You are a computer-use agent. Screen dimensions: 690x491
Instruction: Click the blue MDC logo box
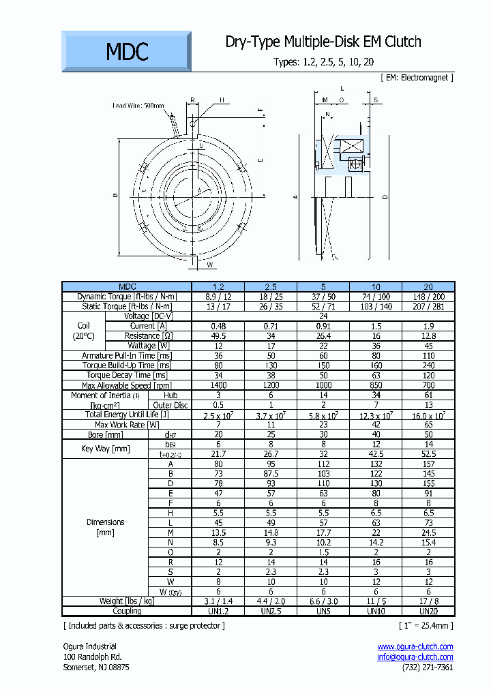(127, 51)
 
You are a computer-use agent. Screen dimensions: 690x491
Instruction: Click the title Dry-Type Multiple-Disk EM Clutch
(323, 42)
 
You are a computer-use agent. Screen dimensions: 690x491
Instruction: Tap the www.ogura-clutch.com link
(415, 646)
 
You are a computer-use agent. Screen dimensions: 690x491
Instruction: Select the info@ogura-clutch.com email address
(415, 657)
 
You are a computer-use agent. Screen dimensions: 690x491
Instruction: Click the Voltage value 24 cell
(323, 316)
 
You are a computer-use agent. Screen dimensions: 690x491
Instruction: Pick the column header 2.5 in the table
(271, 287)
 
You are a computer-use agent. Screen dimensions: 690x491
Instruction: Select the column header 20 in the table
(428, 287)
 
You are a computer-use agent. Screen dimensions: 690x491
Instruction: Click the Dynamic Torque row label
(127, 297)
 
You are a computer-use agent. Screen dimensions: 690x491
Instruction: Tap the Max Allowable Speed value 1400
(218, 386)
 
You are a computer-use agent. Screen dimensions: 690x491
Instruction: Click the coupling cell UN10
(376, 611)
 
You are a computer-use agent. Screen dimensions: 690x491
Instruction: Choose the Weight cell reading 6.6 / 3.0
(323, 601)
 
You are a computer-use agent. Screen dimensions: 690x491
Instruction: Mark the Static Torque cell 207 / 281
(428, 307)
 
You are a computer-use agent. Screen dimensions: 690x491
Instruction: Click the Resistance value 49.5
(218, 336)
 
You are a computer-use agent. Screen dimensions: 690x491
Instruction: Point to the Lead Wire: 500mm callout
(138, 106)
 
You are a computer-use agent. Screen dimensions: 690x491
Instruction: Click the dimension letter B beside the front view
(116, 195)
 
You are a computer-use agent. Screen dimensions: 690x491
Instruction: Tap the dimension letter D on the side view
(385, 198)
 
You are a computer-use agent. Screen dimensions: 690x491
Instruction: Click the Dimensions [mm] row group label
(105, 528)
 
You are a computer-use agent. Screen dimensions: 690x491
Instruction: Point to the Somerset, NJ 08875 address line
(95, 667)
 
